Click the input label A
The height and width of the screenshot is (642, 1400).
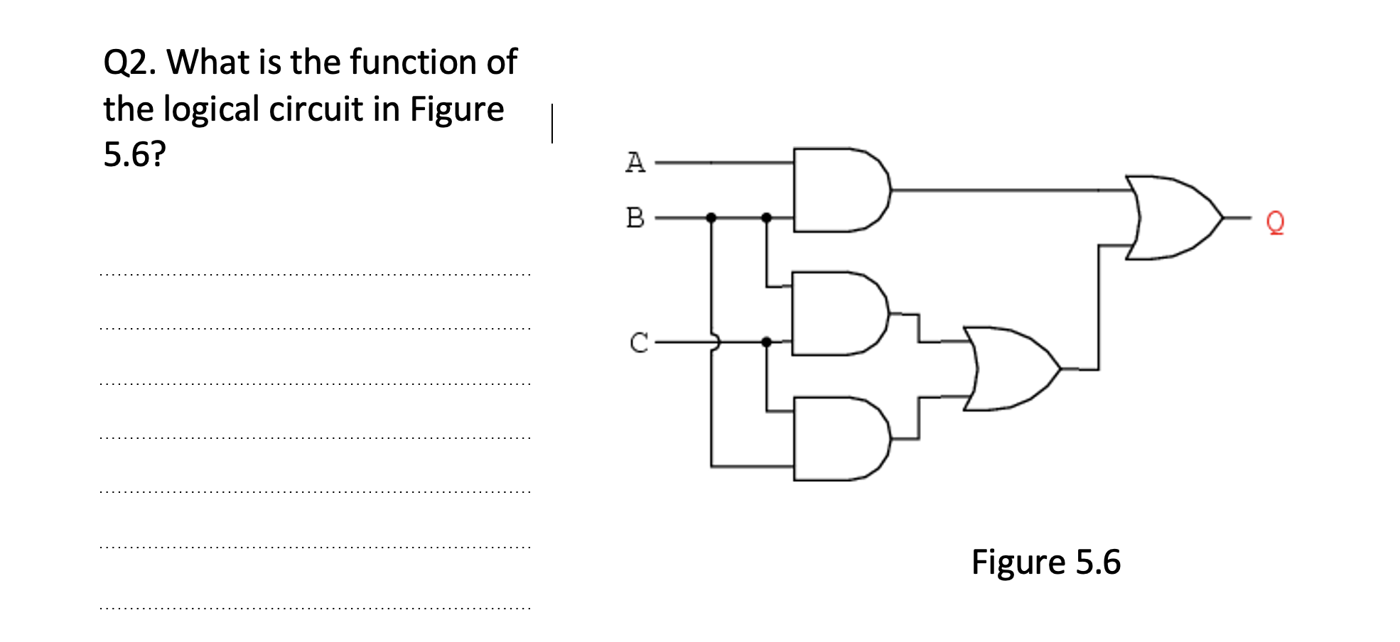click(x=635, y=163)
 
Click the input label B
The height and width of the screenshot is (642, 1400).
click(x=635, y=217)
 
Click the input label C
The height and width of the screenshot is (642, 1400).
click(x=638, y=342)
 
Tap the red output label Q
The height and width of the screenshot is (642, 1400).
click(x=1275, y=222)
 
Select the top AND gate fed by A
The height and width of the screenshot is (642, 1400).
click(x=839, y=190)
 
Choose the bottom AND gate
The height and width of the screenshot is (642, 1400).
click(x=839, y=439)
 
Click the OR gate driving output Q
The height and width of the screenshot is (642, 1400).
click(x=1170, y=217)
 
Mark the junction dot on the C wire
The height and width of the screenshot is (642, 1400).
click(x=766, y=342)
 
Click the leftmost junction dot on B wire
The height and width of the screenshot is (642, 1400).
click(x=711, y=217)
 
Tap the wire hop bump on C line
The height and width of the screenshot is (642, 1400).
click(x=714, y=342)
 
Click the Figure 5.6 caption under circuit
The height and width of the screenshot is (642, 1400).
click(x=1045, y=562)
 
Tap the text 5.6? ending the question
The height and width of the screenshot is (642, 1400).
click(x=134, y=154)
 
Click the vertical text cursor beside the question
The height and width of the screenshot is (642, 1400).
click(x=552, y=124)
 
